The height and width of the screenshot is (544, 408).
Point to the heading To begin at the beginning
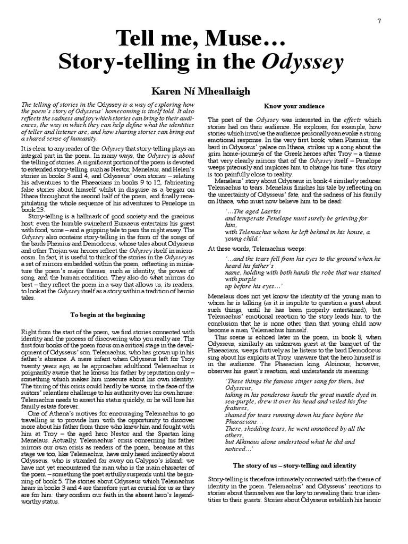pos(108,315)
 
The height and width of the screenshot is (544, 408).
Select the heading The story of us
pos(294,465)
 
